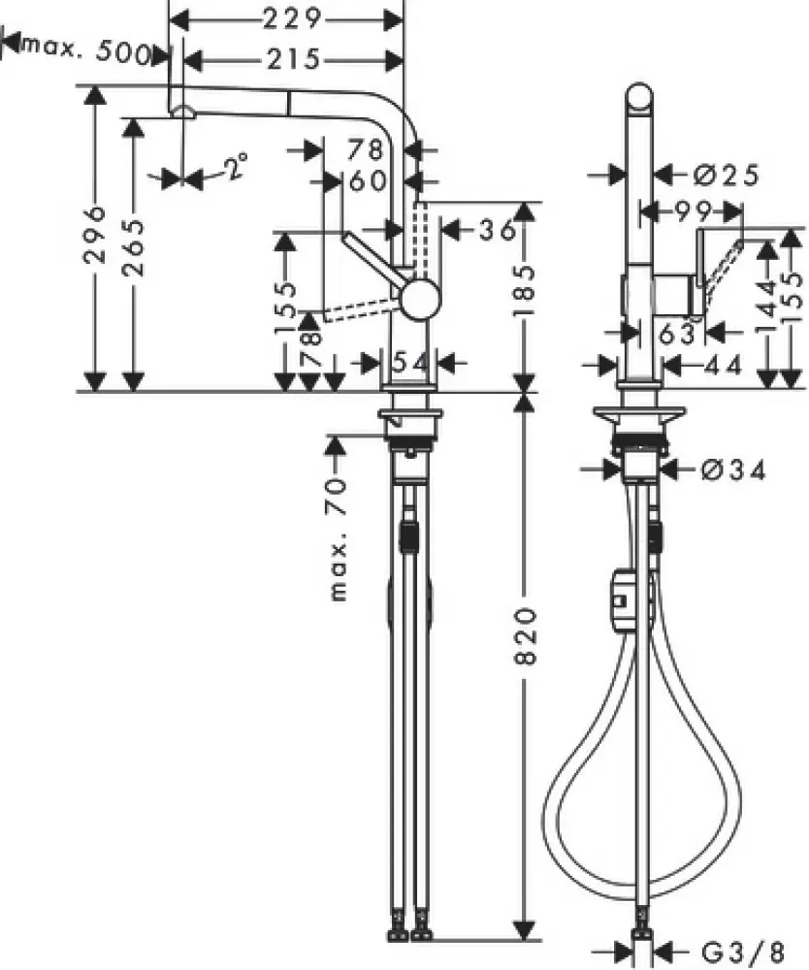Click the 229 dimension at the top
pyautogui.click(x=292, y=18)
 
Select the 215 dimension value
pyautogui.click(x=292, y=60)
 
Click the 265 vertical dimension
pyautogui.click(x=135, y=247)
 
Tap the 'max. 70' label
pyautogui.click(x=338, y=538)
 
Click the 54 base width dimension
pyautogui.click(x=409, y=363)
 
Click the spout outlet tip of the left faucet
pyautogui.click(x=181, y=113)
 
